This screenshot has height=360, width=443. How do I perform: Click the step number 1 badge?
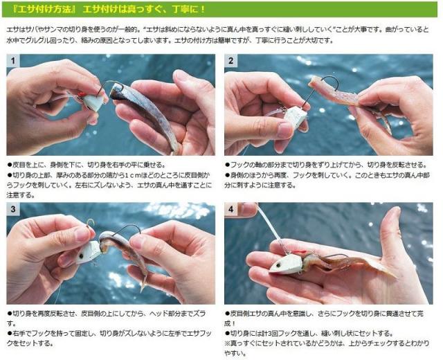[13, 61]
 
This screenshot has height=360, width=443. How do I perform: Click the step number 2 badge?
[230, 61]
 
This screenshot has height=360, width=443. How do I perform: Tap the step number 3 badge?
[13, 209]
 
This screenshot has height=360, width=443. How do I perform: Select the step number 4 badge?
[230, 209]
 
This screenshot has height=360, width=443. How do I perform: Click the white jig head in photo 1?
[94, 103]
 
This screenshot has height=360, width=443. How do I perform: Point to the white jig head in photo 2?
[296, 116]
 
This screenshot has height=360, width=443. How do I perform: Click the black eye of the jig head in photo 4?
[278, 266]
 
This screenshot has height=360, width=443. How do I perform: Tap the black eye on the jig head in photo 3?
[82, 256]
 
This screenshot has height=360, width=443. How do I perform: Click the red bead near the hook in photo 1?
[80, 94]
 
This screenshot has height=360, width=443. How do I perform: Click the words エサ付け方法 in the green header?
[44, 9]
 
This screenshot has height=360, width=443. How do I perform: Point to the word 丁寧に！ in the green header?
[189, 9]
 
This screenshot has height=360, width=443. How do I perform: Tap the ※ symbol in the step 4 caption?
[228, 343]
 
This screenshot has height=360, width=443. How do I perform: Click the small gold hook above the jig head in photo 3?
[91, 223]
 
